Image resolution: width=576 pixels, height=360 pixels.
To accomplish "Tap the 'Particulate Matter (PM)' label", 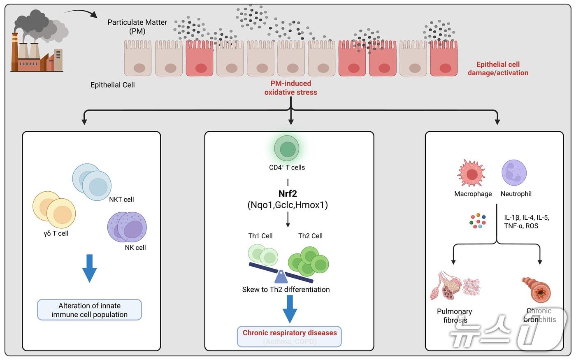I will [x=137, y=27].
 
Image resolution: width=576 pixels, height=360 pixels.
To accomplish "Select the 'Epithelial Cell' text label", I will [x=112, y=85].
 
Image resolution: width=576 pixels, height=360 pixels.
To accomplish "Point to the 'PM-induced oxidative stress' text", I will [x=290, y=88].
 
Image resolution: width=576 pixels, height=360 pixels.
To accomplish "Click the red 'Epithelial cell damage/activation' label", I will [x=498, y=69].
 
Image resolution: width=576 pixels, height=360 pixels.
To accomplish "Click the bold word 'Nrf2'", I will [x=288, y=194].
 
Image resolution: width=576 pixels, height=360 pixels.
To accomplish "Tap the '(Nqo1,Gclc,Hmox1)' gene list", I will [x=288, y=205].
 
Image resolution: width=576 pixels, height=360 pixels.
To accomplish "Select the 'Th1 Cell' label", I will [x=260, y=236].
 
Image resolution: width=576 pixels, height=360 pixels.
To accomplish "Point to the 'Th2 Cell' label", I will [x=310, y=236].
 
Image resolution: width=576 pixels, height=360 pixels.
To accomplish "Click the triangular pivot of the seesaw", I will [x=281, y=276].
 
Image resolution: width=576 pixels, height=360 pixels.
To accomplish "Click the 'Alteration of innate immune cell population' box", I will [x=89, y=310].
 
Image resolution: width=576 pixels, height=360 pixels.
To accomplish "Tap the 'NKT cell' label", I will [x=121, y=200].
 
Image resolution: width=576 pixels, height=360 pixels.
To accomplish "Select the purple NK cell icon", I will [x=127, y=228].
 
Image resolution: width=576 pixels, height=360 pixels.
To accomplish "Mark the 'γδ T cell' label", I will [x=56, y=234].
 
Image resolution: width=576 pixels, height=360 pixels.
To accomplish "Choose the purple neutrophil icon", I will [x=514, y=173].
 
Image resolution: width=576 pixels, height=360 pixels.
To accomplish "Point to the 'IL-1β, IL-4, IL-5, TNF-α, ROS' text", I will [x=526, y=222].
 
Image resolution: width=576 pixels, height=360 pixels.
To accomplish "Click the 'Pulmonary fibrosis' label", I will [x=455, y=316].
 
